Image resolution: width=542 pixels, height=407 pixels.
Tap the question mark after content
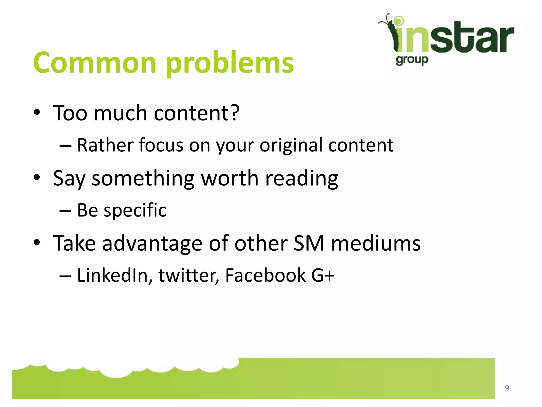coord(234,113)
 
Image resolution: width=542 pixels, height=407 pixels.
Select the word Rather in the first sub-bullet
coord(105,145)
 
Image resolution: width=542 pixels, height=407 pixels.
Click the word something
coord(143,178)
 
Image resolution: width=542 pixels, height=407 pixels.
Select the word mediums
coord(376,243)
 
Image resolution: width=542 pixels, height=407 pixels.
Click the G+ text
coord(323,275)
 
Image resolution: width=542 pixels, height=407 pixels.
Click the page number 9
coord(507,388)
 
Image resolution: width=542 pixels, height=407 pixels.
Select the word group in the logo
coord(412,60)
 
